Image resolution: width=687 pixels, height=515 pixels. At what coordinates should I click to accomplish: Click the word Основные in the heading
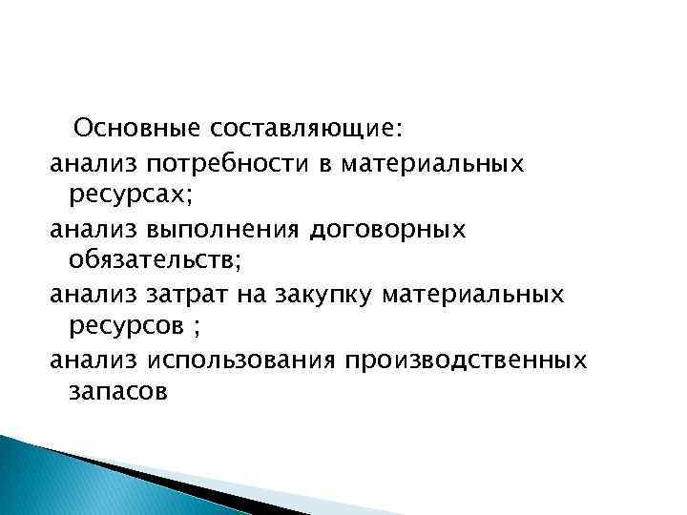132,129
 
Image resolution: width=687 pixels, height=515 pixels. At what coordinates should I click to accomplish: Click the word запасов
118,392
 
